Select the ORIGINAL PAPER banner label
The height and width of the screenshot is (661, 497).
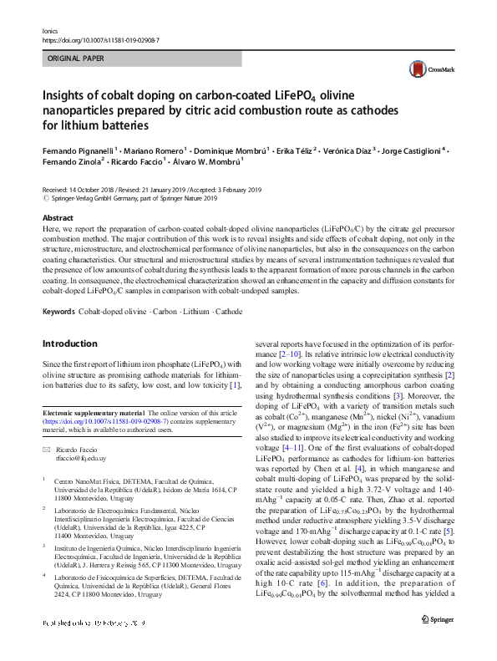pyautogui.click(x=75, y=60)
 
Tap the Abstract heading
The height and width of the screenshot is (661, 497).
pyautogui.click(x=58, y=217)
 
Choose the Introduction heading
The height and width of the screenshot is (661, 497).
pyautogui.click(x=69, y=343)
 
